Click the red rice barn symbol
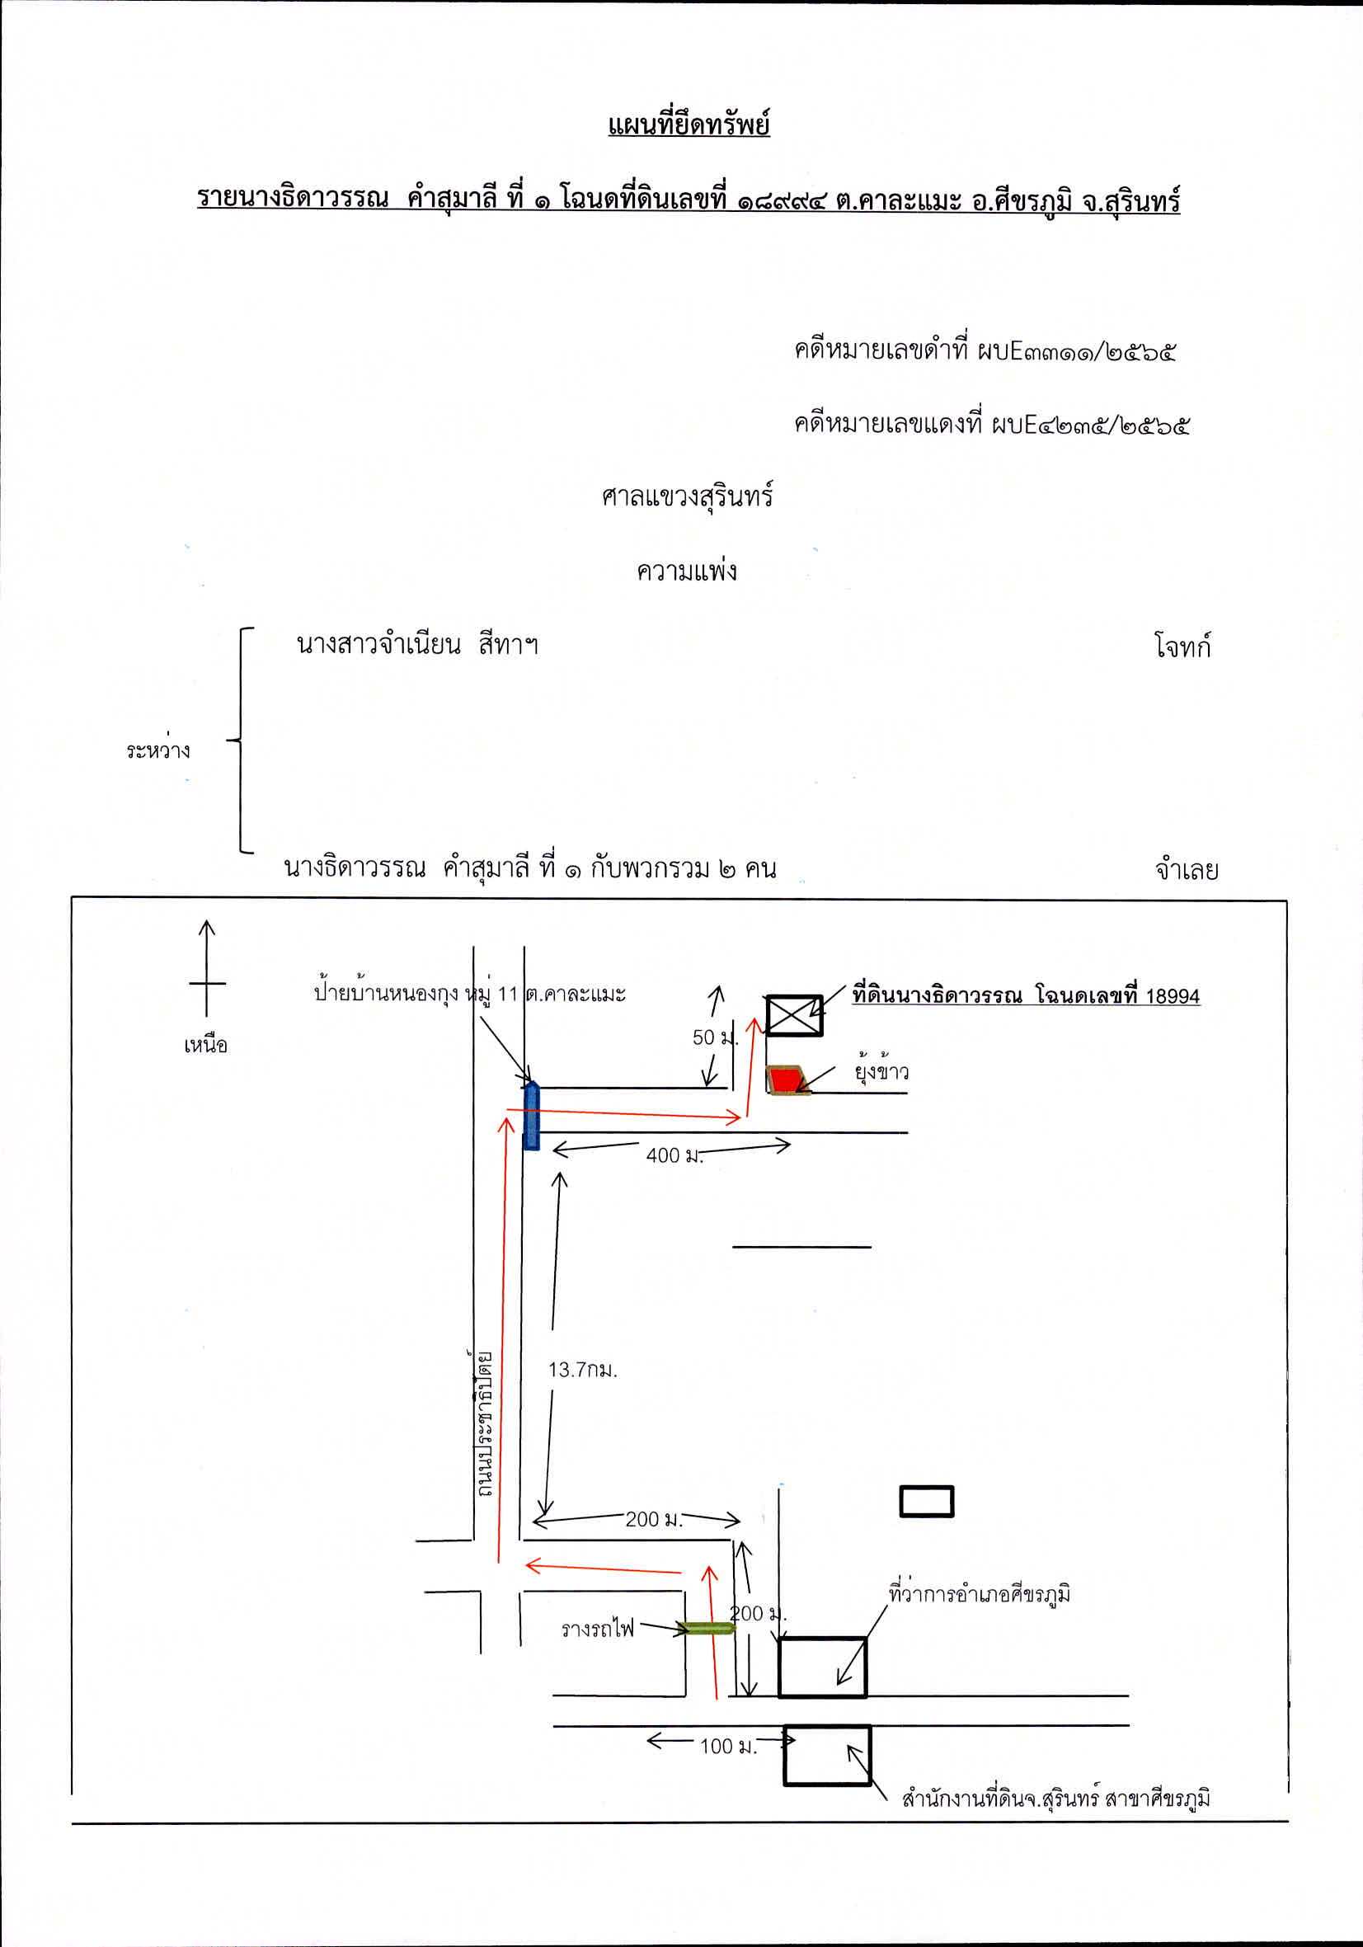tap(788, 1079)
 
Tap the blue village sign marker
tap(532, 1115)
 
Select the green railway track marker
tap(708, 1627)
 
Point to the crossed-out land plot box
tap(795, 1015)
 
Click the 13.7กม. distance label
tap(583, 1370)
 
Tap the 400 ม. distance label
tap(674, 1155)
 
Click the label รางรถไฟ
tap(598, 1628)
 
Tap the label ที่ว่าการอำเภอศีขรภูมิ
tap(980, 1593)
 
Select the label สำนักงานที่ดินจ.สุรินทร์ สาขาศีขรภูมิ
tap(1056, 1798)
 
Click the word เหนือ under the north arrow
tap(206, 1045)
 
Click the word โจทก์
tap(1182, 647)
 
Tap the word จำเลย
tap(1187, 869)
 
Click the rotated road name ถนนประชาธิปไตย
tap(483, 1424)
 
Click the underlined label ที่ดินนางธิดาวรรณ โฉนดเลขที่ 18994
tap(1027, 995)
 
